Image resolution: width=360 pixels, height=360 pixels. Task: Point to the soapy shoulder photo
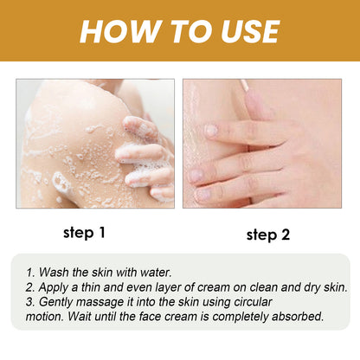coord(94,143)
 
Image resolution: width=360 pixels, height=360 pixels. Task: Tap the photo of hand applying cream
coord(261,143)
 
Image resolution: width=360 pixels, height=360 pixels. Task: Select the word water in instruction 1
coord(164,271)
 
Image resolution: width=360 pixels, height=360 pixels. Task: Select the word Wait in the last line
coord(89,316)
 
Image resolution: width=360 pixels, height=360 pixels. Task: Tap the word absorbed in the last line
coord(295,316)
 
